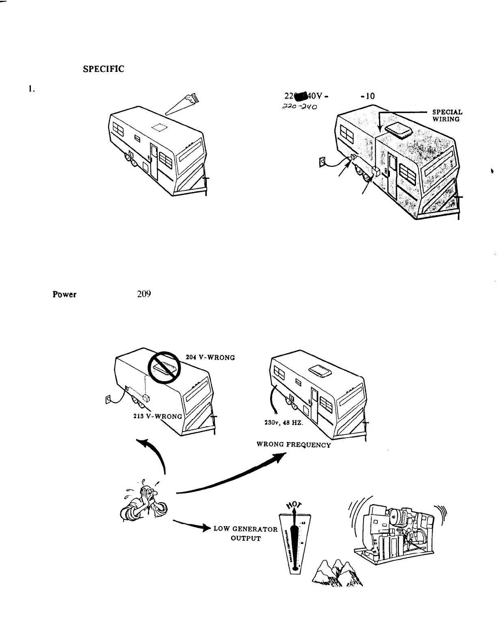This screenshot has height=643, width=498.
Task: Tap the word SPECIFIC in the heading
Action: (103, 69)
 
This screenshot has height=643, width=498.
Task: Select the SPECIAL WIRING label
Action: (447, 115)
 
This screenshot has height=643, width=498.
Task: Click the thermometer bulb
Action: (298, 568)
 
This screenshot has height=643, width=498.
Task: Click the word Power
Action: (64, 295)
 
